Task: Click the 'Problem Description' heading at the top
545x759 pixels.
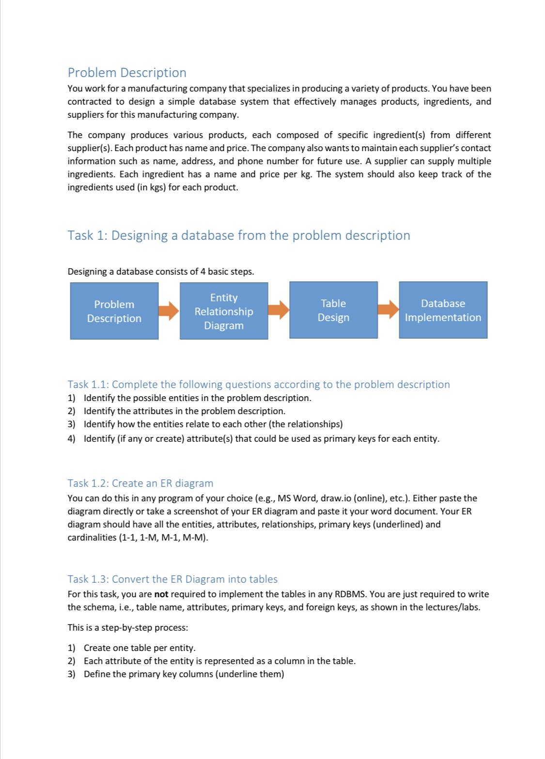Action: click(127, 73)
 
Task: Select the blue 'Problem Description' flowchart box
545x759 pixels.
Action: click(114, 311)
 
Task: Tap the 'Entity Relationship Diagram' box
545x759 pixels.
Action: click(224, 311)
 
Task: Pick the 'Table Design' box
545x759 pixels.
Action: click(333, 310)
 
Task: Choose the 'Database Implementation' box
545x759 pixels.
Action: click(443, 310)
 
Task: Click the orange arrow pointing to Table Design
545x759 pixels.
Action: click(279, 310)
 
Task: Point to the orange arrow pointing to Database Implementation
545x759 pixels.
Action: click(388, 310)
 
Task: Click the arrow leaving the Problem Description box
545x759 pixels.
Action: click(169, 310)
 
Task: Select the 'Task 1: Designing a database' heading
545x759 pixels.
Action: click(238, 235)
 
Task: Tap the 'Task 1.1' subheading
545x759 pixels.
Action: click(258, 385)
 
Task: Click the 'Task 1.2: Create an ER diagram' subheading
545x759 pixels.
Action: click(140, 483)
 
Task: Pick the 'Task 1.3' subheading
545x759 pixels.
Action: click(172, 579)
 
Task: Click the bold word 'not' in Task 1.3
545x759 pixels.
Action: click(161, 594)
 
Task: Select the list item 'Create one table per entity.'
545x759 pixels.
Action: click(140, 648)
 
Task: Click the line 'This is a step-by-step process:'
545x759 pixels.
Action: click(127, 628)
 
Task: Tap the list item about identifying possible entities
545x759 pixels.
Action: click(197, 398)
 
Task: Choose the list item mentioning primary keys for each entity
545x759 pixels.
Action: click(261, 439)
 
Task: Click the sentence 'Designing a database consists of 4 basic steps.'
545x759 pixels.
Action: click(160, 272)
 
